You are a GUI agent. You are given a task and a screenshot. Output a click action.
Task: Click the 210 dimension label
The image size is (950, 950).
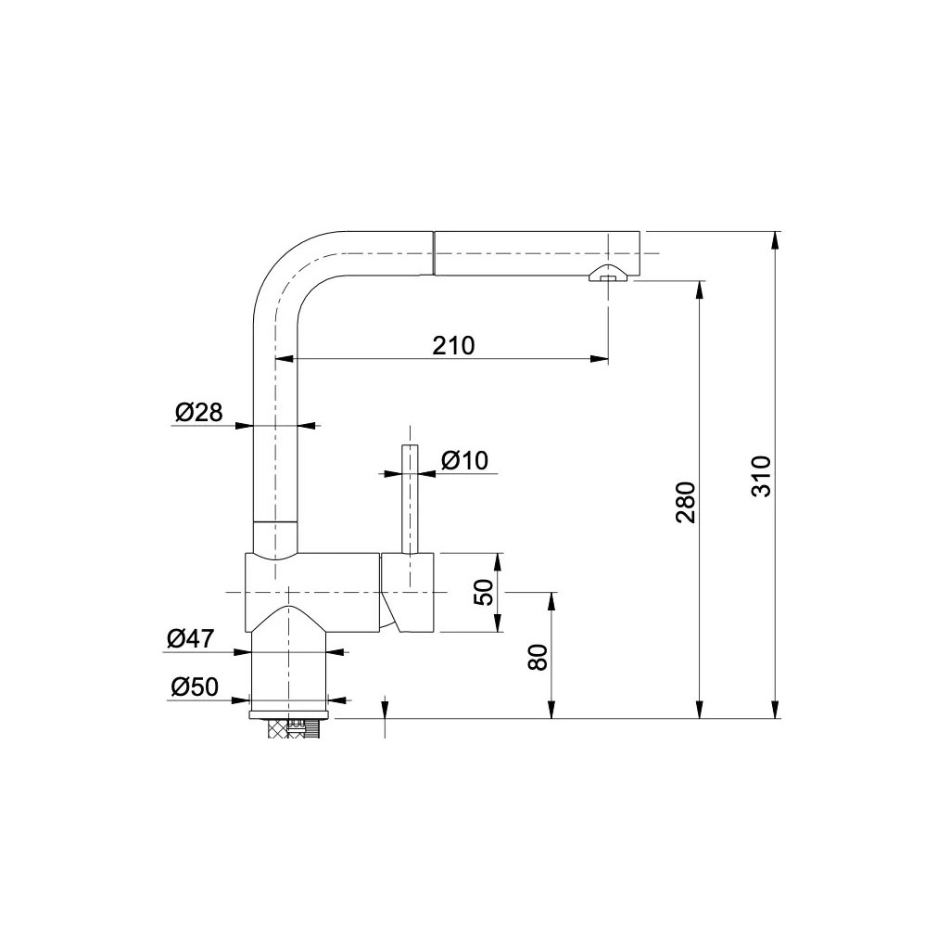point(453,345)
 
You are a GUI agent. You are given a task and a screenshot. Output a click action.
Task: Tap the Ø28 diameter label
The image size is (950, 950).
point(199,412)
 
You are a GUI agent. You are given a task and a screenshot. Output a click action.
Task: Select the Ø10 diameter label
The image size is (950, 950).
point(464,460)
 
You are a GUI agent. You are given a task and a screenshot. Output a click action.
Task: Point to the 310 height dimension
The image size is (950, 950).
point(761,477)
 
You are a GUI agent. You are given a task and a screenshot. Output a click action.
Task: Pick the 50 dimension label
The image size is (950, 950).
point(484,592)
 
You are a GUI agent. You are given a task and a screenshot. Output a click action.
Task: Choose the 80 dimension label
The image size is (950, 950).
point(538,657)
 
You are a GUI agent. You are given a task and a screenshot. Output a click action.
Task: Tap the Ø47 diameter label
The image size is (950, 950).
point(191,638)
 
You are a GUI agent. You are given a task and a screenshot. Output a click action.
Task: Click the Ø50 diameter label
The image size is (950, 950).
point(195,687)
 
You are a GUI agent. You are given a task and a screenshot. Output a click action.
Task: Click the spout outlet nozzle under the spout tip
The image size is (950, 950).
point(608,275)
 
